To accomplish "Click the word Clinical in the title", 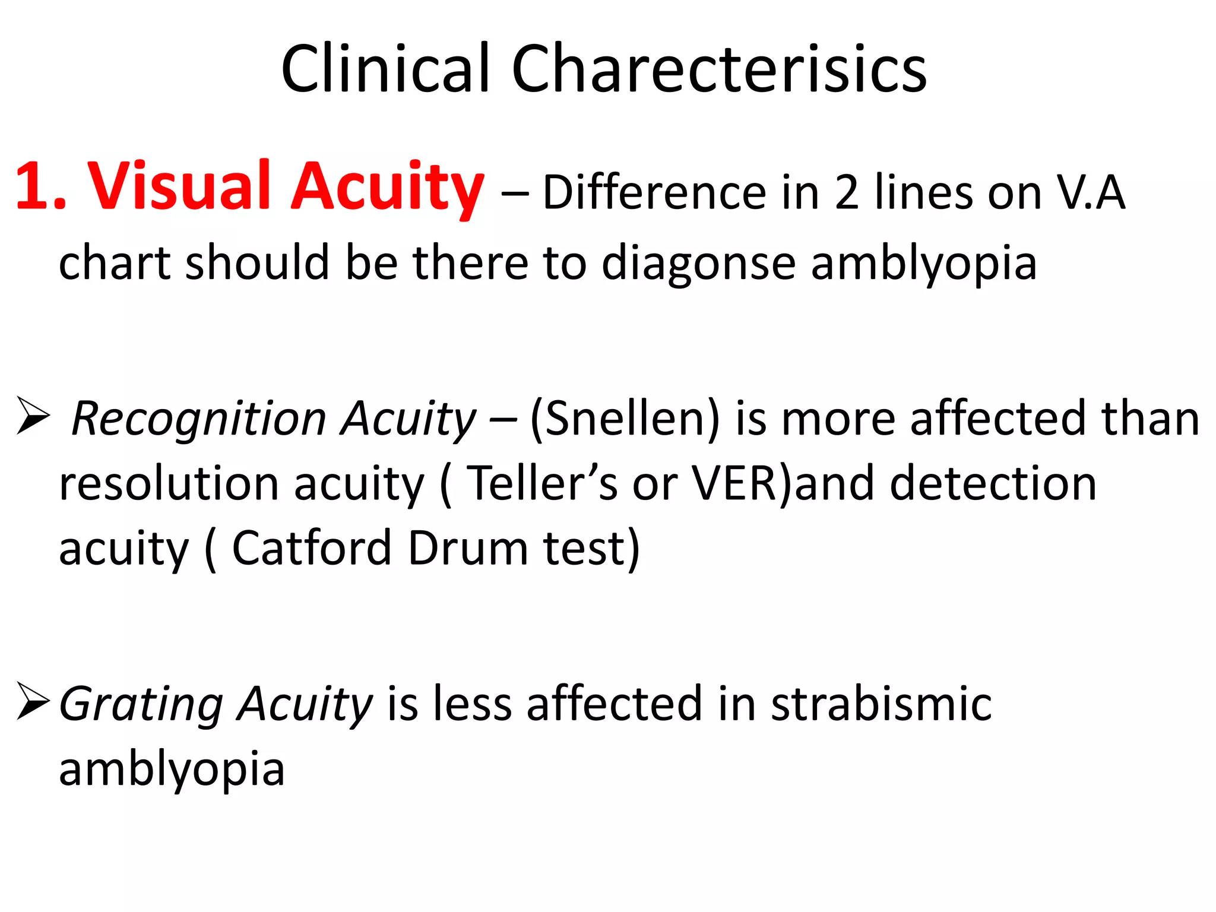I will (x=385, y=69).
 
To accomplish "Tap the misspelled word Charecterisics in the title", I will (x=718, y=69).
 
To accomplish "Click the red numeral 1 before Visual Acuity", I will (x=33, y=186).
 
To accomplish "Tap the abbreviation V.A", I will (x=1091, y=192).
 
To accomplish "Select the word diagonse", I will (x=698, y=263).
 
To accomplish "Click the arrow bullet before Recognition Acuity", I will (x=33, y=415).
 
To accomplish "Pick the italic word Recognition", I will (x=198, y=419).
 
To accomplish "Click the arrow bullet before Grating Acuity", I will (x=33, y=701).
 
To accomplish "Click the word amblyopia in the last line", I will (x=172, y=769).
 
